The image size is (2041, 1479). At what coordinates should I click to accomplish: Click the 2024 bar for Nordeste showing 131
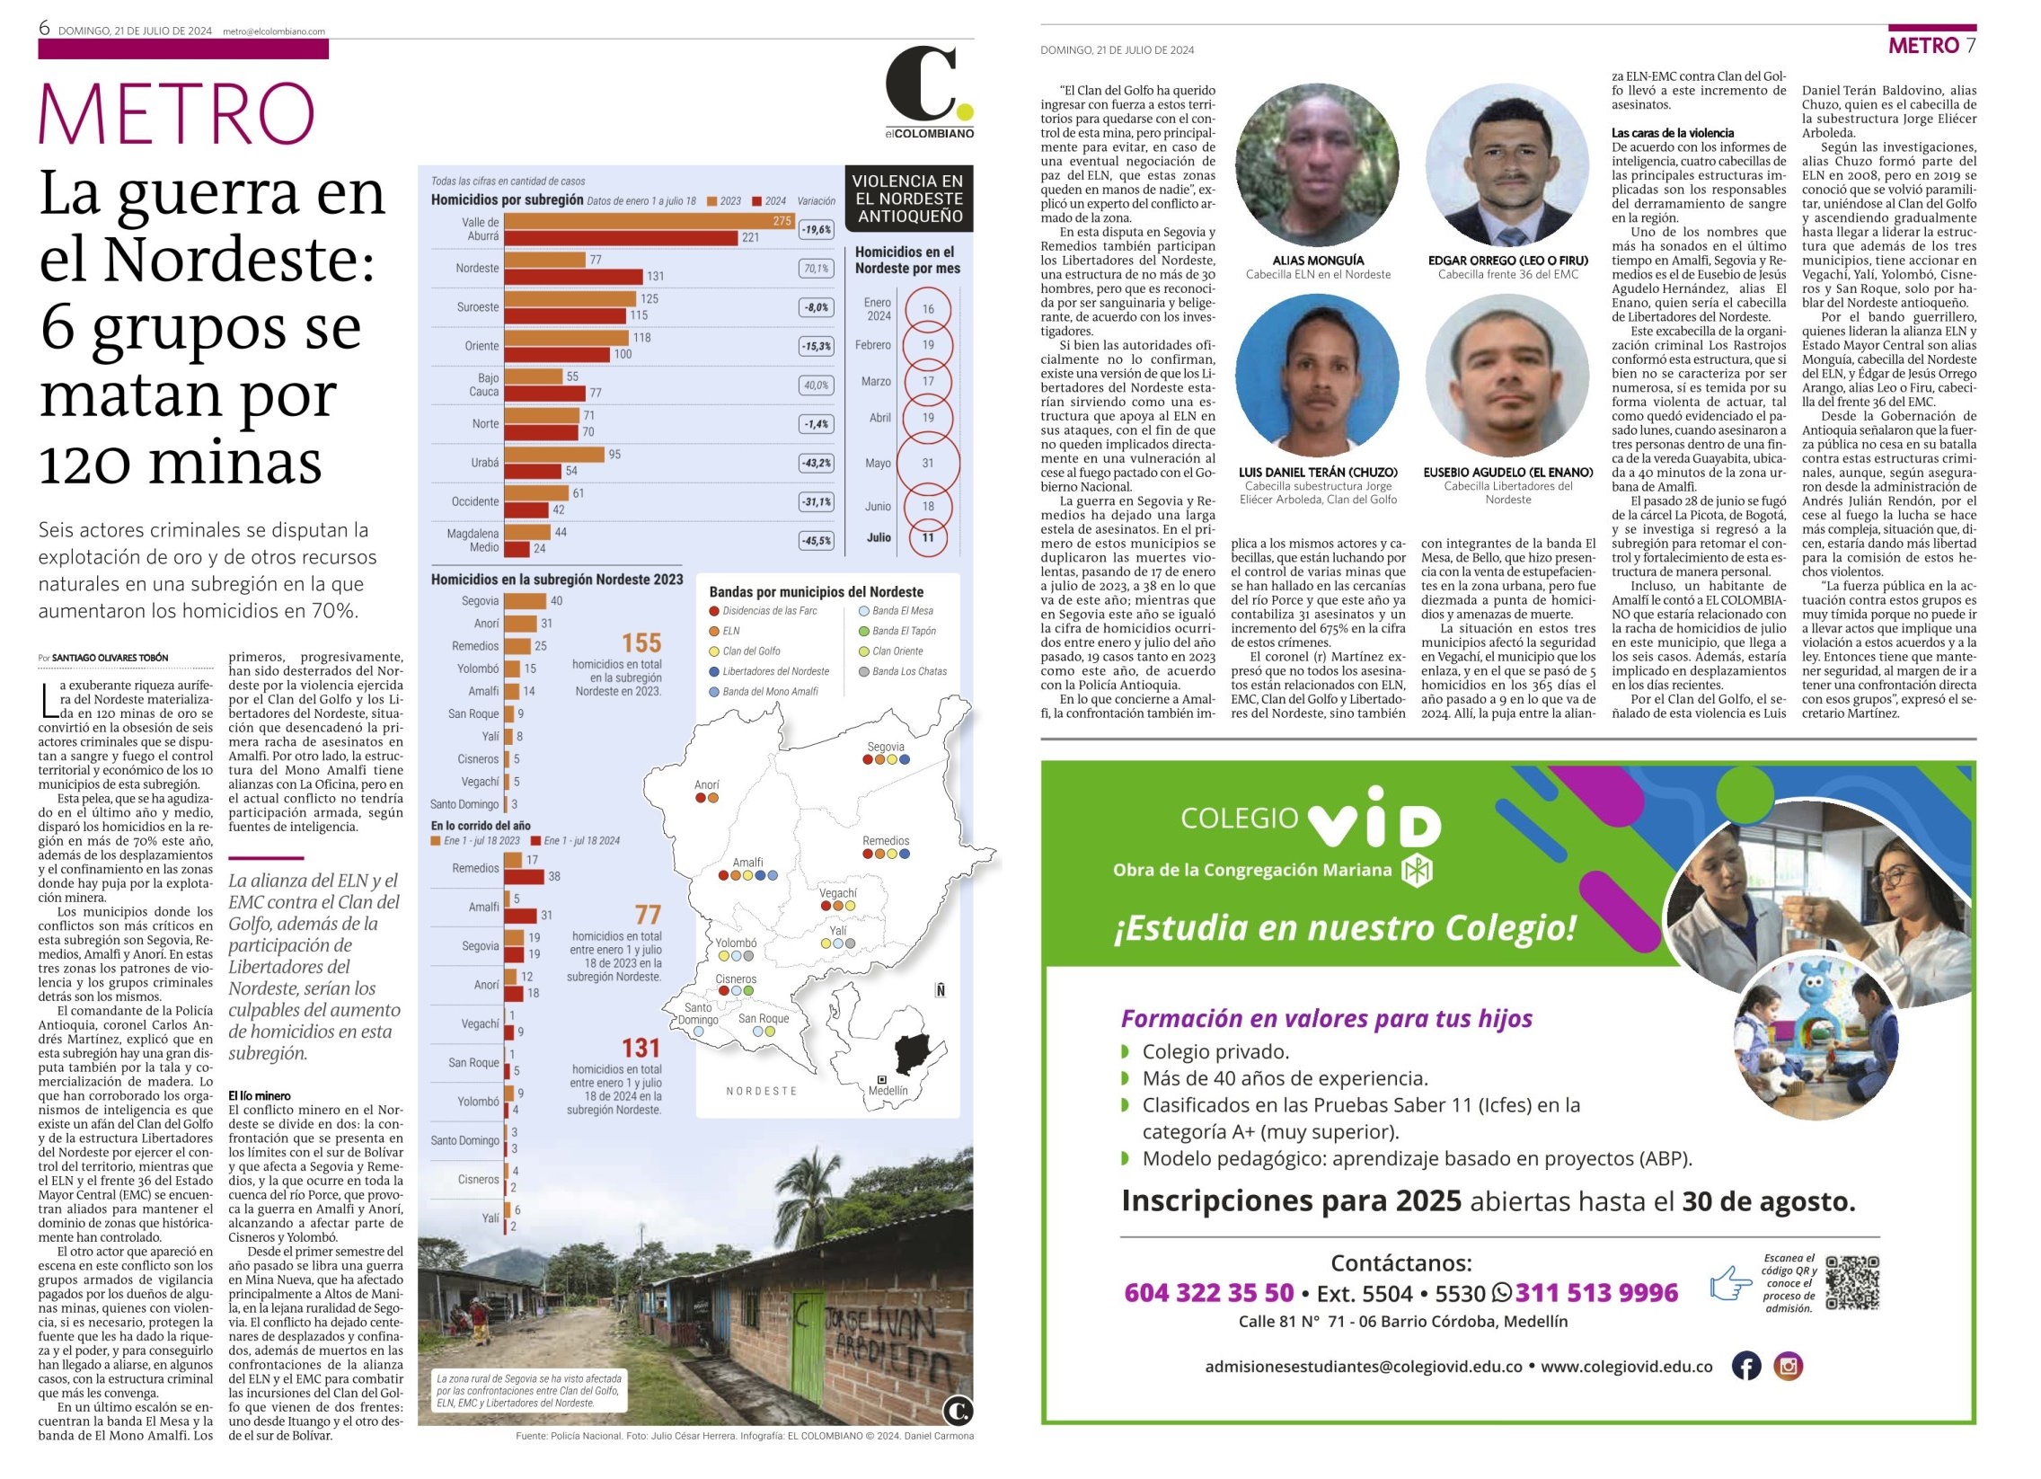pyautogui.click(x=573, y=277)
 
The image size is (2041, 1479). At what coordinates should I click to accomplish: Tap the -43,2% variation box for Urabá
pyautogui.click(x=816, y=463)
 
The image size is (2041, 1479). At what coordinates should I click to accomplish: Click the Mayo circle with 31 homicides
pyautogui.click(x=928, y=463)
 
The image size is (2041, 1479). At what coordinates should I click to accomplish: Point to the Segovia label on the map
pyautogui.click(x=886, y=747)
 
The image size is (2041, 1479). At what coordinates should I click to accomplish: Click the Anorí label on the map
pyautogui.click(x=706, y=785)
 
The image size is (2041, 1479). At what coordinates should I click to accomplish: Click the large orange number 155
pyautogui.click(x=641, y=642)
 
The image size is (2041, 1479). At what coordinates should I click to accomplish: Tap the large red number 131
pyautogui.click(x=641, y=1048)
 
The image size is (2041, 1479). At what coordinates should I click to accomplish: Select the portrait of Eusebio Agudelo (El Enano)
pyautogui.click(x=1507, y=376)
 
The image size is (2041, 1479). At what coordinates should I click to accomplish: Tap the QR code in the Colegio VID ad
pyautogui.click(x=1852, y=1283)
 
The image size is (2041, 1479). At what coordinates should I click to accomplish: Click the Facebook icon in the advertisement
pyautogui.click(x=1745, y=1366)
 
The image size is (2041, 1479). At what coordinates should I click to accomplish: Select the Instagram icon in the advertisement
pyautogui.click(x=1789, y=1366)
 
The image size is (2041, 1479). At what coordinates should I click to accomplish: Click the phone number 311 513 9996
pyautogui.click(x=1596, y=1293)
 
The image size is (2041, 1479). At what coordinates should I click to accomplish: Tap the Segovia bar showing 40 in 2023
pyautogui.click(x=525, y=601)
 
